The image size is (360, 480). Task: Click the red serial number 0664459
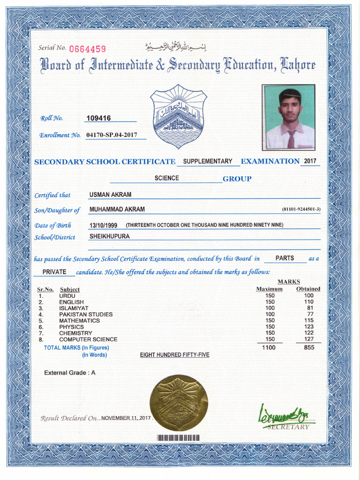pos(88,49)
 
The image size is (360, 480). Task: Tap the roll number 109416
pos(98,118)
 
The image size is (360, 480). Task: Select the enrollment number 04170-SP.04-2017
pos(112,135)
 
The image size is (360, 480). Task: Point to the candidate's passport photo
pos(288,117)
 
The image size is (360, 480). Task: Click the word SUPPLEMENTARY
pos(208,161)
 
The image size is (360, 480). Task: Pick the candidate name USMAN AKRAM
pos(110,195)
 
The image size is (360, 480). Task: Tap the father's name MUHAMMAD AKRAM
pos(117,209)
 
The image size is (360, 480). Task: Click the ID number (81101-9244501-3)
pos(301,209)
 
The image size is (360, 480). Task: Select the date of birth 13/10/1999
pos(106,225)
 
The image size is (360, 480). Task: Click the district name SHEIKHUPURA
pos(109,236)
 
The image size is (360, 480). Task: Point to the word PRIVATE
pos(54,272)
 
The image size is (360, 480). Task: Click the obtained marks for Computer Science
pos(308,339)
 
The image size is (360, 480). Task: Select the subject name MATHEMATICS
pos(79,321)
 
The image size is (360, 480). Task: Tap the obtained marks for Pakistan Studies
pos(310,314)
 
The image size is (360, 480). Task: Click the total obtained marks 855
pos(309,348)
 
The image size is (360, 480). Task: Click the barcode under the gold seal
pos(179,438)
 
